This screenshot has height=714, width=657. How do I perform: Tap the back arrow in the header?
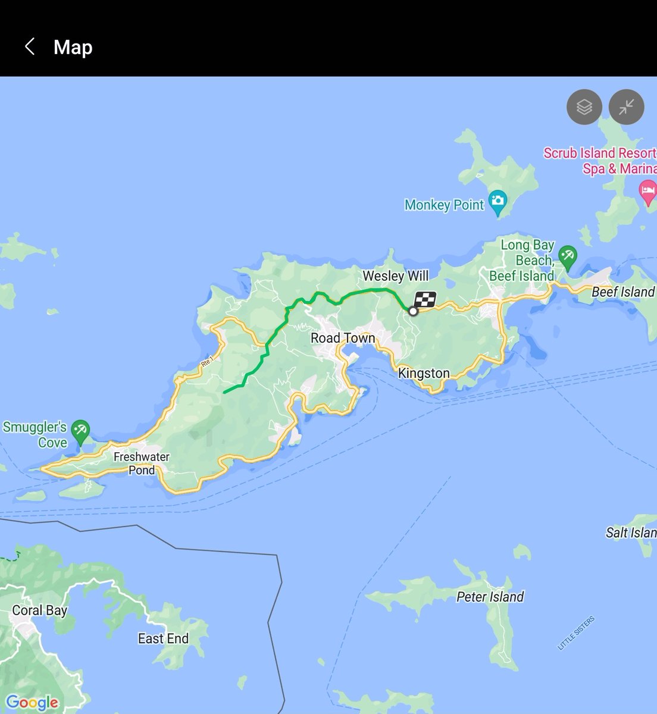[x=30, y=46]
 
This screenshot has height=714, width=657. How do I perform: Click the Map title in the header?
[x=73, y=47]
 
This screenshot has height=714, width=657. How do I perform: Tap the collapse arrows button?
[x=626, y=107]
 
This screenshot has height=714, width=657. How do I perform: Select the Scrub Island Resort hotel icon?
[x=647, y=192]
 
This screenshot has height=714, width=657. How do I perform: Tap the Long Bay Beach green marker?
[x=567, y=256]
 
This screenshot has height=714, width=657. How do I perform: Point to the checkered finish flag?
[x=425, y=300]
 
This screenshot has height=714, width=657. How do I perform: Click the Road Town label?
[x=343, y=338]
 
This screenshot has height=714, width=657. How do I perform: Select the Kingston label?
[x=424, y=373]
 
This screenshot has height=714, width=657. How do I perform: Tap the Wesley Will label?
[x=395, y=276]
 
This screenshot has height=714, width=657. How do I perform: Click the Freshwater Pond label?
[x=142, y=464]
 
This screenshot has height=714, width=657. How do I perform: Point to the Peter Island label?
[x=490, y=597]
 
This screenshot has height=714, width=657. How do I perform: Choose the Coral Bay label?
[x=40, y=610]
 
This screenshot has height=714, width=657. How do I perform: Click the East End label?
[x=163, y=638]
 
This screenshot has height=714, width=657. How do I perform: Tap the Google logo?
[x=32, y=703]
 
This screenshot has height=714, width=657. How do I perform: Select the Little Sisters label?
[x=575, y=633]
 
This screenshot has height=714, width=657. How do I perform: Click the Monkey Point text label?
[x=444, y=205]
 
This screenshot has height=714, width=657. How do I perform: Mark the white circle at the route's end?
[x=413, y=311]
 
